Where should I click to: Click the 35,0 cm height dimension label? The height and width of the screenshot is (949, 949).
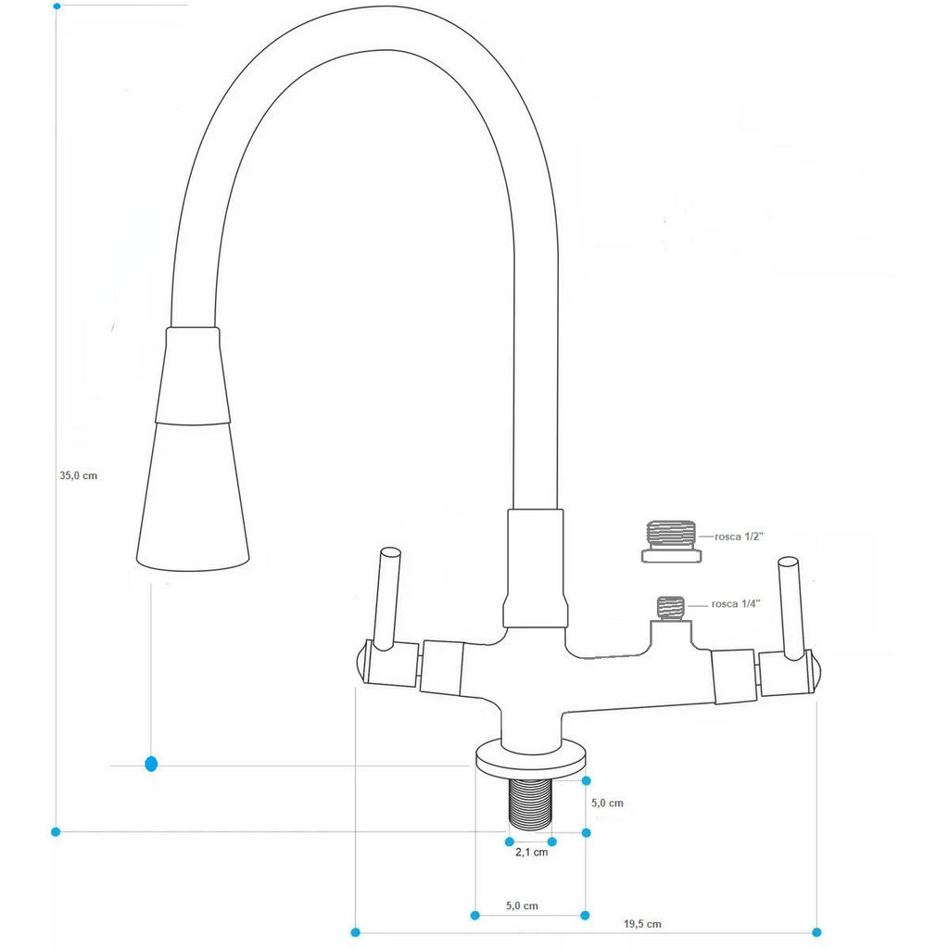click(78, 475)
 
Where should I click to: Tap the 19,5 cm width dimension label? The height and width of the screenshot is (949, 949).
click(642, 924)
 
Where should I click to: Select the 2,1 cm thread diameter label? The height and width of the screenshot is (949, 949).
click(531, 853)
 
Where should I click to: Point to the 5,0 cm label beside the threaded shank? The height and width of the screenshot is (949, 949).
click(607, 803)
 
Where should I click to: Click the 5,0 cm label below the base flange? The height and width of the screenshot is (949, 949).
click(522, 906)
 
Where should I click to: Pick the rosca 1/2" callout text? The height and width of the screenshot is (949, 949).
click(739, 537)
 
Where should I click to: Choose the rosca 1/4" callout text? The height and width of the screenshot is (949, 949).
click(735, 604)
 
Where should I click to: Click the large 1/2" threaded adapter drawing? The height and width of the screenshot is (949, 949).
click(671, 541)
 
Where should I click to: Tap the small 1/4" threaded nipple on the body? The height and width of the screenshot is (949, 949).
click(671, 608)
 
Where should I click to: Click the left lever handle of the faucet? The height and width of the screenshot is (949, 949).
click(386, 600)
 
